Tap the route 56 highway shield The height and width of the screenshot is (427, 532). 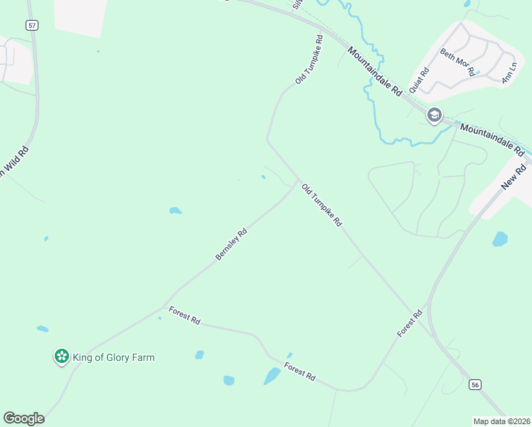point(475,384)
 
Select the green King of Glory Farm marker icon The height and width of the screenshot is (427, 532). point(62,356)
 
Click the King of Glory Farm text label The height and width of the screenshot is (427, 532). point(114,357)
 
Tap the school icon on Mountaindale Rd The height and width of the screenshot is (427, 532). point(434,115)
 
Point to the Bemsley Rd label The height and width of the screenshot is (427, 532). point(231,243)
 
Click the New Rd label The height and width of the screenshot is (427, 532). point(513,174)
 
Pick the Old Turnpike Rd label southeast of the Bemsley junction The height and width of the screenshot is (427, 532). point(322,205)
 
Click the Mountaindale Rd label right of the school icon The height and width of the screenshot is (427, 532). point(491,139)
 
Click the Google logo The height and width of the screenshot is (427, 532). point(23,418)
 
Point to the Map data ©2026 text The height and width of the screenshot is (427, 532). point(501,421)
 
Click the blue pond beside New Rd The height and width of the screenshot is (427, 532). point(500,238)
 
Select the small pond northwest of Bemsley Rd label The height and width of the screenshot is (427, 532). point(175,211)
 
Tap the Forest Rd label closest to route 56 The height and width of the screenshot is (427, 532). point(410,323)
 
